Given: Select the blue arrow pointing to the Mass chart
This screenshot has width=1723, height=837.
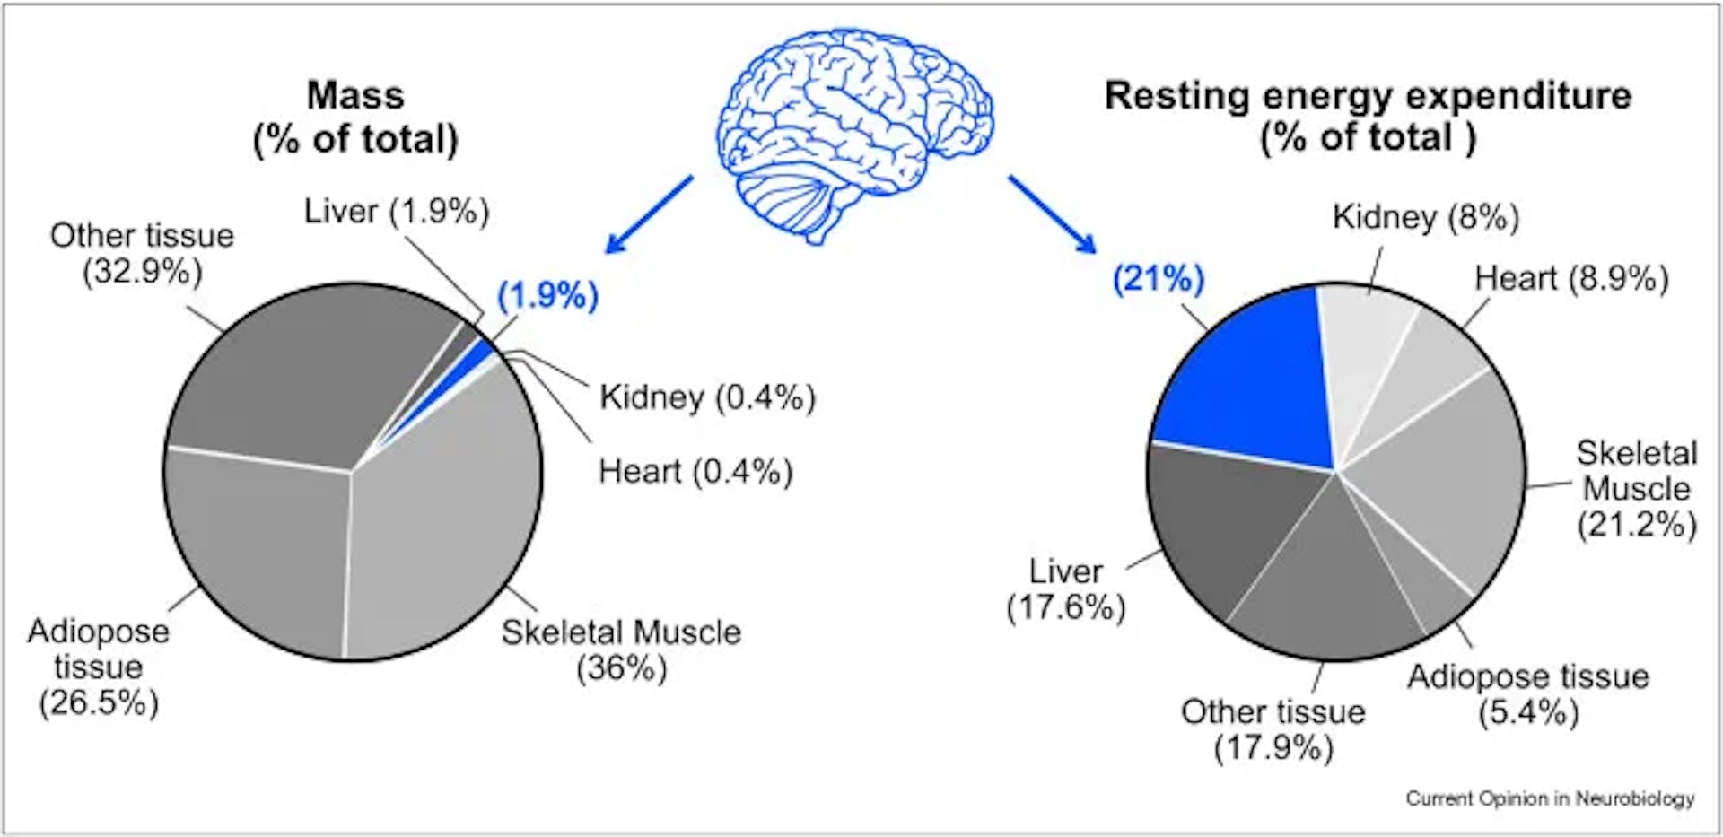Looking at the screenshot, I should [649, 214].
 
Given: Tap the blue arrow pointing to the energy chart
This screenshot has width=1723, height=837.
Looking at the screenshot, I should [1051, 214].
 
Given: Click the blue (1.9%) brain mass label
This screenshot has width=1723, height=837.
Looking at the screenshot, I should [547, 295].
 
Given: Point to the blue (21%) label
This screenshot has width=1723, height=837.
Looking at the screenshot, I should [1158, 279].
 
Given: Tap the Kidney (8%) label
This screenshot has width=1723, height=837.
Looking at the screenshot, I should [1425, 217].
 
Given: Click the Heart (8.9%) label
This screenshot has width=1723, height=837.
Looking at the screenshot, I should [1571, 279].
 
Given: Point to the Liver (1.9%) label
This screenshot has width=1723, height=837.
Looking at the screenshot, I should [397, 212].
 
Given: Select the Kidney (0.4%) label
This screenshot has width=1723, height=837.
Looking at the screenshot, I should [707, 397].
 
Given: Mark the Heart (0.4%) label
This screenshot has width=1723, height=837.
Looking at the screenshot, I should [695, 472].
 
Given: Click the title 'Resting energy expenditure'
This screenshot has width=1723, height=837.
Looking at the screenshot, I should [1368, 96].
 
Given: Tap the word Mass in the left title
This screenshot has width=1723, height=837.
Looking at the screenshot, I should [355, 95].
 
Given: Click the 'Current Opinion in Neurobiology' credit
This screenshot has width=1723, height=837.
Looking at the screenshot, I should [1550, 798].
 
